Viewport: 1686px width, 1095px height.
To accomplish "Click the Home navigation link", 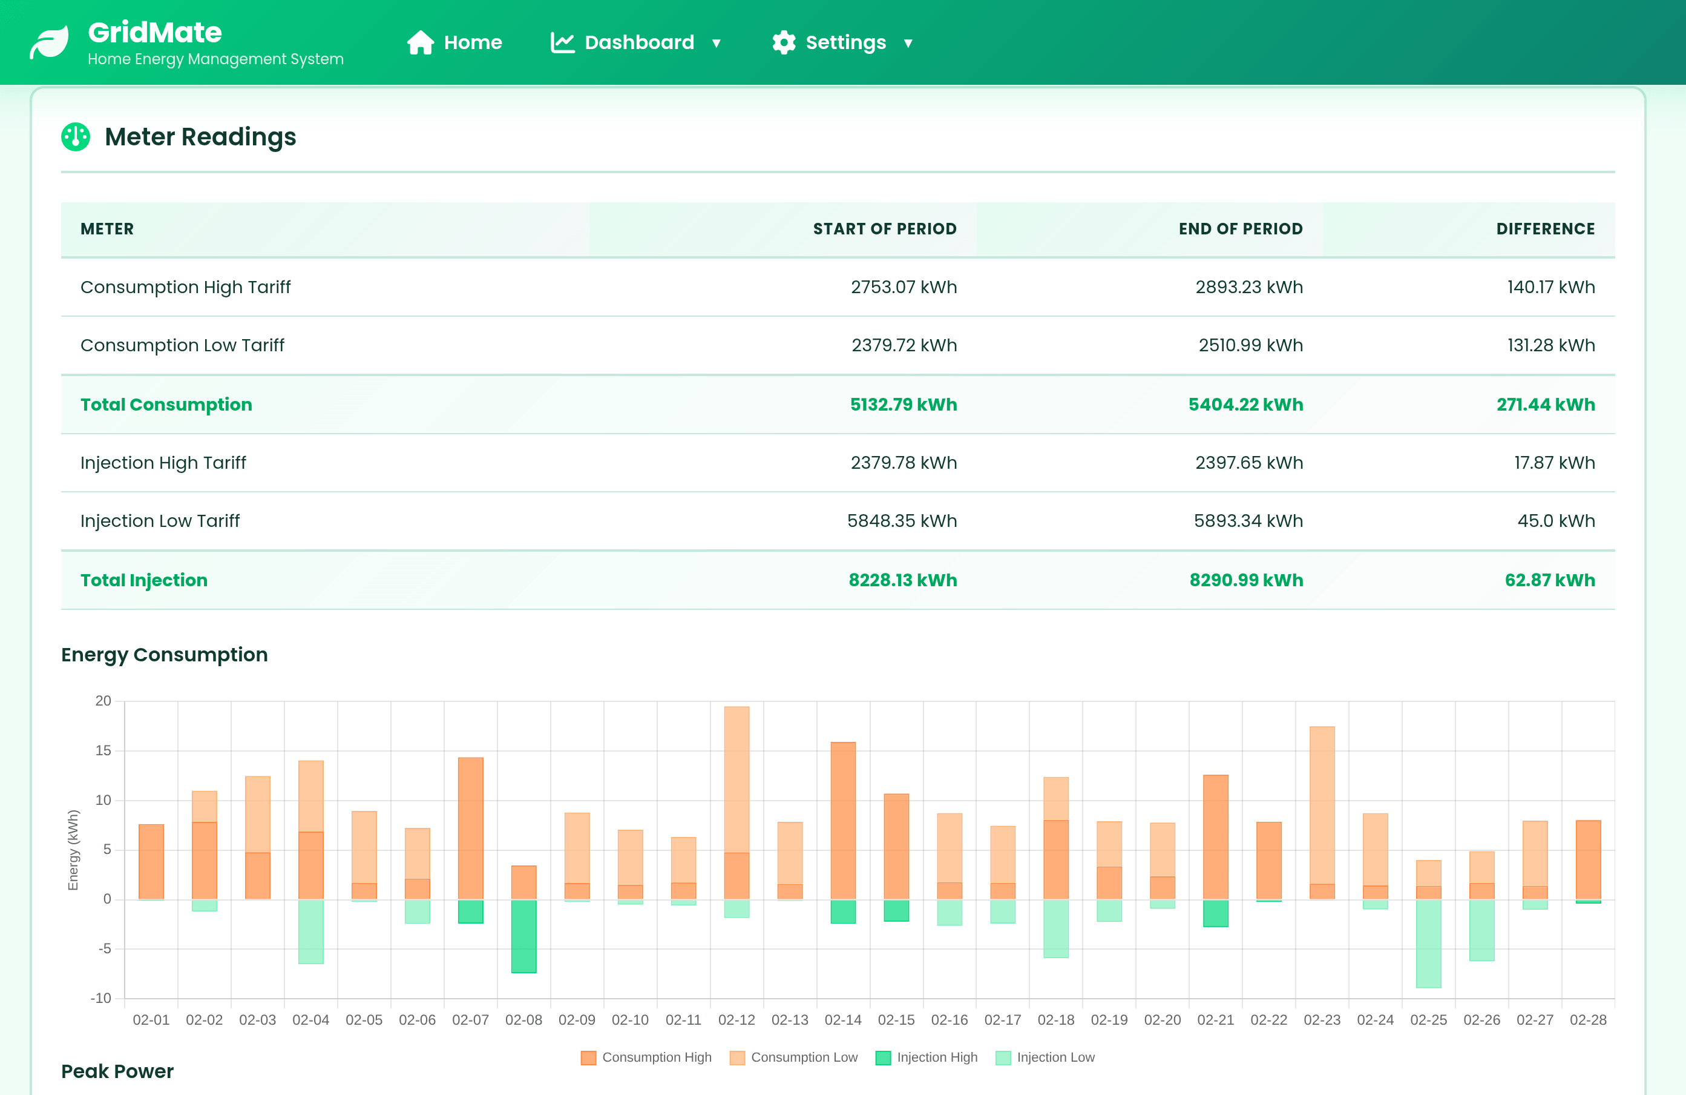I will click(455, 42).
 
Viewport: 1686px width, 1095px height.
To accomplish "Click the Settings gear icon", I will click(784, 42).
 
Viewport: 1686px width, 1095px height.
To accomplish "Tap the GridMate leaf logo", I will click(49, 42).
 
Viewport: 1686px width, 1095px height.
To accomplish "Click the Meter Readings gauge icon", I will click(76, 137).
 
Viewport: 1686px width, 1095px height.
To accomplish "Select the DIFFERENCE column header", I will click(1545, 229).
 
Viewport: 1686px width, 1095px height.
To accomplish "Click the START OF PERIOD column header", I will click(884, 229).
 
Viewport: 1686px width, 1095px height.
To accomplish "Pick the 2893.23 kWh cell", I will click(1248, 287).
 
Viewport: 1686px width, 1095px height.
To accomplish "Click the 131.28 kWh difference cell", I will click(1550, 345).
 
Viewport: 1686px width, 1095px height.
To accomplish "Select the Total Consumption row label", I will click(166, 405).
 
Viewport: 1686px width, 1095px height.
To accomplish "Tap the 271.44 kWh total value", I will click(1545, 405).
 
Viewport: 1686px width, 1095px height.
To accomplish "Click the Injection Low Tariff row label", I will click(160, 521).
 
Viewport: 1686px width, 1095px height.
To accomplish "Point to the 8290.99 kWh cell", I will click(1245, 580).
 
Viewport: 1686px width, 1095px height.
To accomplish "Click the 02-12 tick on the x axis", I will click(736, 1020).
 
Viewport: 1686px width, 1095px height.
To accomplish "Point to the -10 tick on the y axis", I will click(101, 999).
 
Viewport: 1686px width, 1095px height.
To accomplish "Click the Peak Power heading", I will click(117, 1071).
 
